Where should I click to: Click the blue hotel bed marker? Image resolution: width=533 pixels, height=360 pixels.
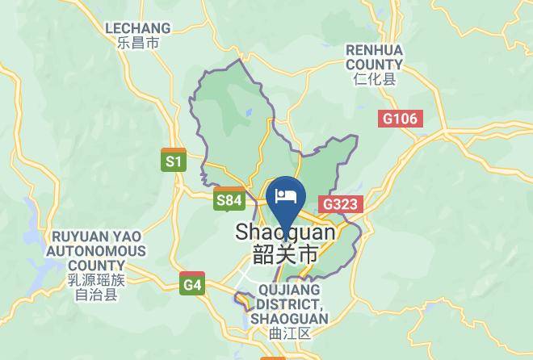coord(286,196)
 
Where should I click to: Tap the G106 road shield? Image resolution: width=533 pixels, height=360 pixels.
coord(401,119)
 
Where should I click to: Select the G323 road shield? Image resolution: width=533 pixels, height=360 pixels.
coord(339,204)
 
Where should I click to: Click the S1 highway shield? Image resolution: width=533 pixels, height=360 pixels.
coord(174,161)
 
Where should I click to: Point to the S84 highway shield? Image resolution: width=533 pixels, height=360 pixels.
coord(229,199)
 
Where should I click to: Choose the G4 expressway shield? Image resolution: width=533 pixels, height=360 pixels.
coord(192,284)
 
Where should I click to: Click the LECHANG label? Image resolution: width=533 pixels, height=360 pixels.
coord(137,28)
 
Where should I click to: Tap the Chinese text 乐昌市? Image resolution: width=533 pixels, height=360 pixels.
coord(137,44)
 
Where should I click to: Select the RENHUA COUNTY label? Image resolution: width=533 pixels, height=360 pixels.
coord(374,57)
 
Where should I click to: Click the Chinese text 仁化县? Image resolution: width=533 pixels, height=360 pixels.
coord(374,79)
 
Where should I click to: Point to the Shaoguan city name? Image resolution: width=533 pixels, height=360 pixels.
coord(285,232)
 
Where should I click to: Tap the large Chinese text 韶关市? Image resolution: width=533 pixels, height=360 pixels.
coord(285,254)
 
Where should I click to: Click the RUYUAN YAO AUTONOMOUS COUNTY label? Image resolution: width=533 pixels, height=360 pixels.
coord(96,250)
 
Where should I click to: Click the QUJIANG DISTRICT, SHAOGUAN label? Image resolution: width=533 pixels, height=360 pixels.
coord(288,303)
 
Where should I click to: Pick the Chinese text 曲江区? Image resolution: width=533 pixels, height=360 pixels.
coord(289,333)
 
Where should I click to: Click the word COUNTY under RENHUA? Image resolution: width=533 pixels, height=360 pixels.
coord(374,64)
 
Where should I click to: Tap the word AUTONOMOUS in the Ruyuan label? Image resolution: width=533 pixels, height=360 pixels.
coord(96,251)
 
